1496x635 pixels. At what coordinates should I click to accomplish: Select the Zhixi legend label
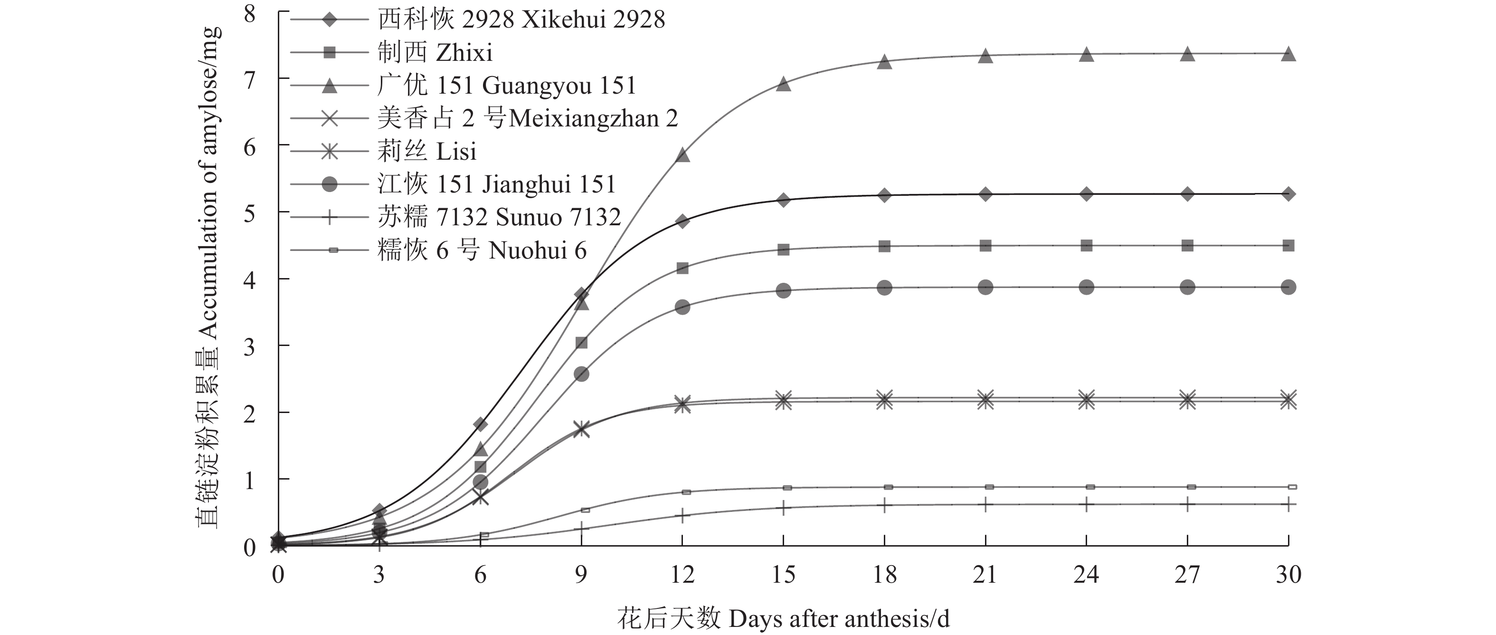tap(435, 53)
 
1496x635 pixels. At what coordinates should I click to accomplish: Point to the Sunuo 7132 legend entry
tap(499, 218)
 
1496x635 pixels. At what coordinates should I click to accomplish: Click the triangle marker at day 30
tap(1288, 54)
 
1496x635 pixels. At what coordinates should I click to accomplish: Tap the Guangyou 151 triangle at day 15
tap(784, 84)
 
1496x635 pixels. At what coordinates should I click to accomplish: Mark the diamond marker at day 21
tap(985, 194)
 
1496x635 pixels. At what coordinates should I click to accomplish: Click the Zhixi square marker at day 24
tap(1087, 245)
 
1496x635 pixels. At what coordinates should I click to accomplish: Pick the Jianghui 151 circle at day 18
tap(884, 288)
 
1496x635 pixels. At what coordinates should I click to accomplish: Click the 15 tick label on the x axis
tap(784, 575)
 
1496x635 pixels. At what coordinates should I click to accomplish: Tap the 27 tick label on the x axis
tap(1187, 575)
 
